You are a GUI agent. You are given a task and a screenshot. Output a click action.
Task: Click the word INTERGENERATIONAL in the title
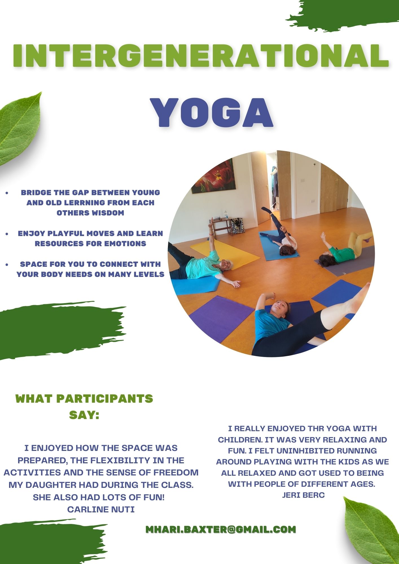pos(201,55)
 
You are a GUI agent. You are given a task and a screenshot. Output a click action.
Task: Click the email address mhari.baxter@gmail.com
pos(221,529)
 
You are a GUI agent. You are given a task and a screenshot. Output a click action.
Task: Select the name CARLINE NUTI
pos(101,509)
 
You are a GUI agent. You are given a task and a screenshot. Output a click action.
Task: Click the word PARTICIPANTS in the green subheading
pos(105,399)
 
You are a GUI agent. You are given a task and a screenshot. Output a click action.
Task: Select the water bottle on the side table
pos(226,215)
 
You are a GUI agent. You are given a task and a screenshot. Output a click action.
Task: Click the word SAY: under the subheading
pos(84,415)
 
